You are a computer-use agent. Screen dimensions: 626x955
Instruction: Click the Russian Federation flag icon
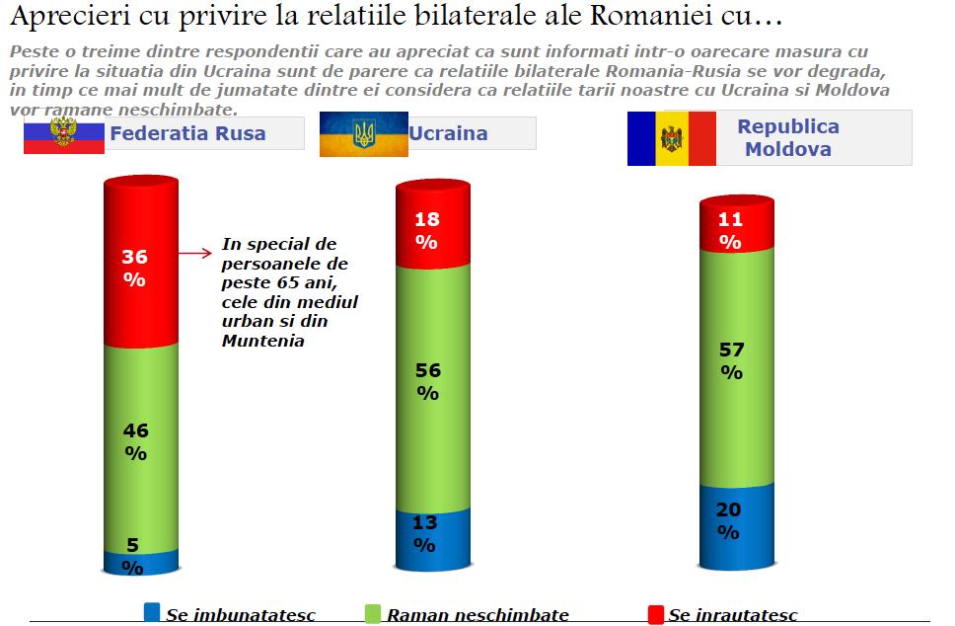coord(63,133)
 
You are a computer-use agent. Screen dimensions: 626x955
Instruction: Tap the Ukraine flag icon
coord(363,133)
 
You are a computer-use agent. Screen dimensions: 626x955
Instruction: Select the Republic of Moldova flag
coord(671,138)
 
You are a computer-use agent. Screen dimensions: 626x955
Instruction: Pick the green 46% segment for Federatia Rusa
coord(139,444)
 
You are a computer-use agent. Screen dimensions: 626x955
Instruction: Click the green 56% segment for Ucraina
coord(432,385)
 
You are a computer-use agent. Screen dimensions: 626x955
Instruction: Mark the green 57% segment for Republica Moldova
coord(736,365)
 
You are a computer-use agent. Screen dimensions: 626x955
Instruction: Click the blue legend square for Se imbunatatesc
coord(152,614)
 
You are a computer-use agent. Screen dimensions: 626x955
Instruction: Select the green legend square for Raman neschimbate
coord(372,614)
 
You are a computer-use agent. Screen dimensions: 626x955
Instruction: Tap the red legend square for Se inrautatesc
coord(655,614)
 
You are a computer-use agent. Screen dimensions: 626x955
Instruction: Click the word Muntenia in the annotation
coord(262,341)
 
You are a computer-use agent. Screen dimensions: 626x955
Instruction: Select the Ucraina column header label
coord(448,133)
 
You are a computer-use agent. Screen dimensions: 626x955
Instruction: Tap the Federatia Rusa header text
coord(187,133)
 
